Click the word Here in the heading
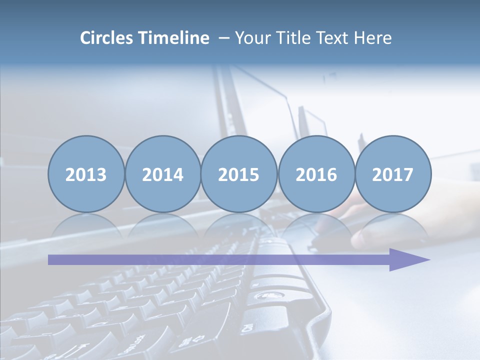pos(373,38)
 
